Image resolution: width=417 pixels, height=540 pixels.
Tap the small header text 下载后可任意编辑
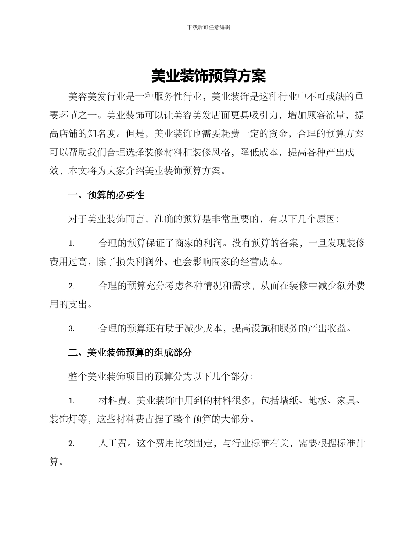click(208, 27)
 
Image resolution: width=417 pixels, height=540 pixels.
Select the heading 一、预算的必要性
click(107, 195)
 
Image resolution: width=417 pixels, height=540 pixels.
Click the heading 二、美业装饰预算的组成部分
click(130, 352)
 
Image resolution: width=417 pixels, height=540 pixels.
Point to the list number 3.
click(72, 328)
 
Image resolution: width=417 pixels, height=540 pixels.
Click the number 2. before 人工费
click(72, 444)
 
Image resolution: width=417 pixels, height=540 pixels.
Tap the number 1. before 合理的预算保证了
click(72, 243)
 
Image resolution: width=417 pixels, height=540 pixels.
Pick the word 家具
click(346, 400)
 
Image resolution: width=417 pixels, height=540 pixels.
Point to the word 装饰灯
click(64, 419)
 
